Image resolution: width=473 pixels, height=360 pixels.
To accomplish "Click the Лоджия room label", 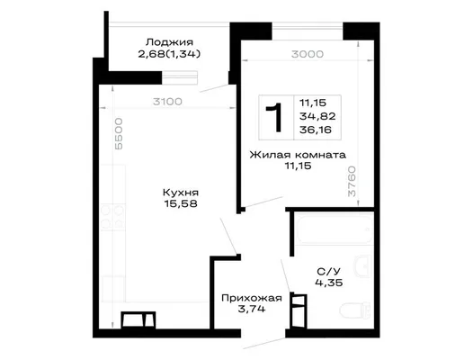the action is point(169,41).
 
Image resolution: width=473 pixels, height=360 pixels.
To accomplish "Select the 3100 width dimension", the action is point(167,102).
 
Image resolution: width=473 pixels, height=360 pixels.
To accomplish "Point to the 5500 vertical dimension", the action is point(119,134).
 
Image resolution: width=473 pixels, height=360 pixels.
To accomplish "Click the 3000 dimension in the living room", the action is point(308,54).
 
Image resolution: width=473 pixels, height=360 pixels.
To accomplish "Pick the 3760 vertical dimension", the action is point(352,181).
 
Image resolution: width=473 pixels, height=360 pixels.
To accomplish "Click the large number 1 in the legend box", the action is point(274,117).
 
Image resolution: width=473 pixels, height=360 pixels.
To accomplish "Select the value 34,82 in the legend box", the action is point(317,116).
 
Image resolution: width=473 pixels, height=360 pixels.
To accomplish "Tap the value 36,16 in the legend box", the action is point(316,130).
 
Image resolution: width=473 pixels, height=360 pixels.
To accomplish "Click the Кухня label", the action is point(181,193).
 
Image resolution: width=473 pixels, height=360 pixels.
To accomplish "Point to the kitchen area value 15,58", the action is point(181,203).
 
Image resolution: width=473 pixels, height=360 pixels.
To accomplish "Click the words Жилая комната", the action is point(298,155).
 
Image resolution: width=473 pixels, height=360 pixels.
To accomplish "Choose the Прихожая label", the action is point(252,298).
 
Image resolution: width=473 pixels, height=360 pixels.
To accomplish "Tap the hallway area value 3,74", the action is point(252,309).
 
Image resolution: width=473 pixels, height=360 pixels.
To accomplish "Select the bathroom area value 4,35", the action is point(329,283).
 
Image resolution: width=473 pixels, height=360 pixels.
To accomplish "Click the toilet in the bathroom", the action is point(355,310).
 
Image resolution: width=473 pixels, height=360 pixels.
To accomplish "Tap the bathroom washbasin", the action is point(362,266).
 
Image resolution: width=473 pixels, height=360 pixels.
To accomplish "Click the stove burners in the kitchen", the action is point(112,218).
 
